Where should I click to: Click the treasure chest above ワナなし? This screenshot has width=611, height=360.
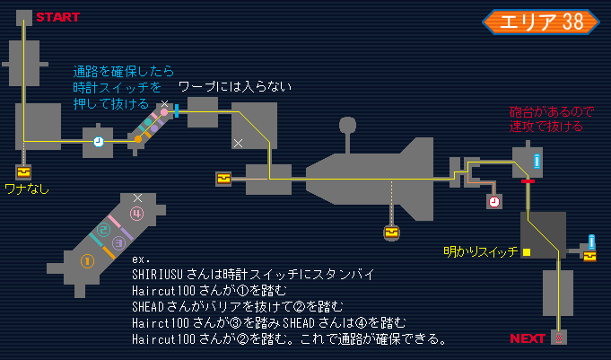click(22, 171)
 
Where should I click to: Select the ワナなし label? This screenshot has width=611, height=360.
click(26, 189)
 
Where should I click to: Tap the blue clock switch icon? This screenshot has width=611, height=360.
click(98, 142)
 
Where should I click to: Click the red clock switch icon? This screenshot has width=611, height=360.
click(494, 202)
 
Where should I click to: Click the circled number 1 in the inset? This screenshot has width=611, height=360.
click(88, 262)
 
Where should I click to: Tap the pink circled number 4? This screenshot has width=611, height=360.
click(136, 214)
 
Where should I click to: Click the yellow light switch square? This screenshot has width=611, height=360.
click(528, 252)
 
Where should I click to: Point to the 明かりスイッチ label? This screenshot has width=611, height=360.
click(481, 252)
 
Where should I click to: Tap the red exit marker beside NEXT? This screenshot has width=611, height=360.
click(559, 338)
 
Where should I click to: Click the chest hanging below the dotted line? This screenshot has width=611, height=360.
click(391, 233)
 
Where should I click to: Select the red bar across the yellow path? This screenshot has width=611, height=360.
click(528, 181)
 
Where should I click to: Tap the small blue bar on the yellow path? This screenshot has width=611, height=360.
click(178, 111)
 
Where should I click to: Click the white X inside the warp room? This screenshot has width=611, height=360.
click(238, 143)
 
